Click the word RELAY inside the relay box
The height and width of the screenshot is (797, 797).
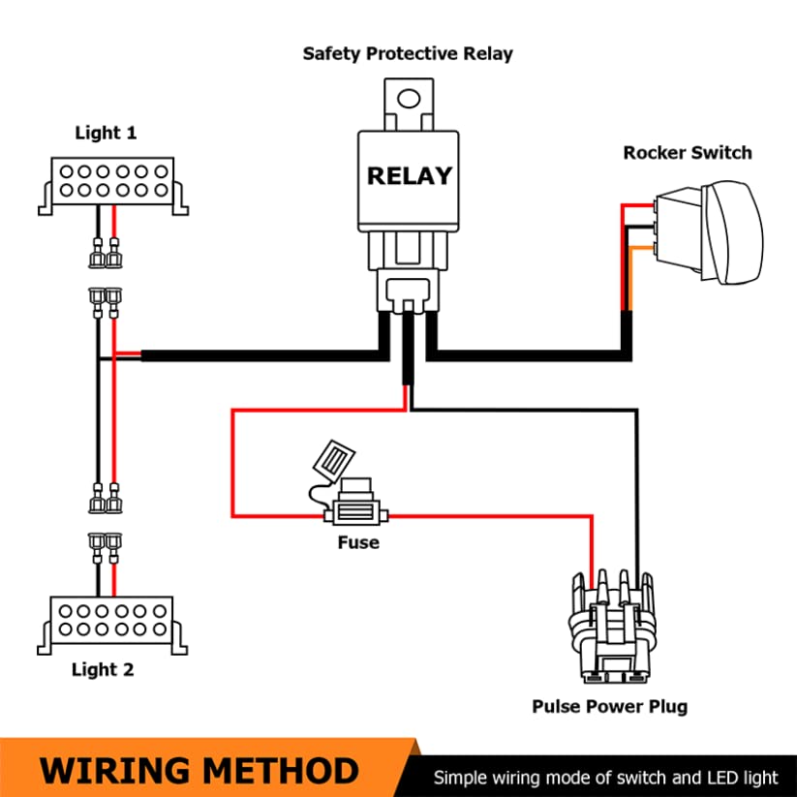(x=410, y=176)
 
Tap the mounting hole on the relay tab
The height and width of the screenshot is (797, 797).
(x=408, y=99)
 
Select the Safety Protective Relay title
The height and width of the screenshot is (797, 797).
(x=408, y=54)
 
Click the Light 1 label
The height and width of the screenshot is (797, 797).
(x=106, y=133)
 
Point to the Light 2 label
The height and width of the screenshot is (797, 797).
(x=103, y=669)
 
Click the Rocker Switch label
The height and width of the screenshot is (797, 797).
(x=688, y=152)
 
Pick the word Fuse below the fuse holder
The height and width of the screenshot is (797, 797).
(x=358, y=542)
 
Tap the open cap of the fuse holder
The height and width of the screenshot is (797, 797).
(x=334, y=461)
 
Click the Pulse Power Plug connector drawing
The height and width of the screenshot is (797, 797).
(x=612, y=627)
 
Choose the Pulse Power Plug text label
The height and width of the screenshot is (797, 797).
(x=609, y=707)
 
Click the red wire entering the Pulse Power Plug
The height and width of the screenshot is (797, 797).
(x=591, y=549)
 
